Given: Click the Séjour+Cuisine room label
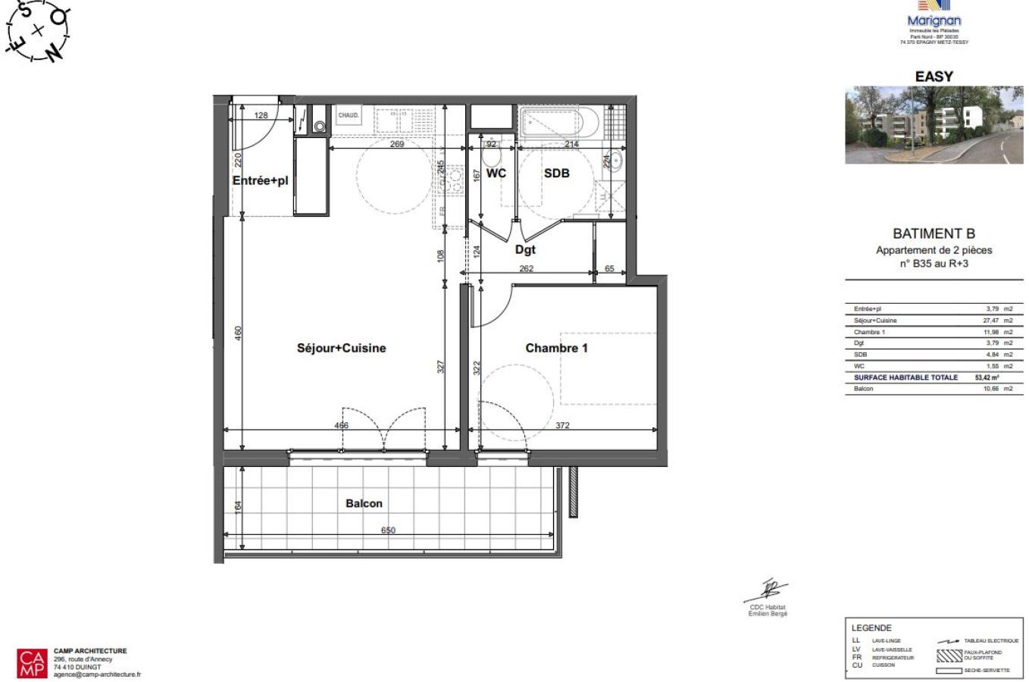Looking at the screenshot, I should (x=341, y=349).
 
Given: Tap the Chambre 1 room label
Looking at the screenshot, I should (x=556, y=349).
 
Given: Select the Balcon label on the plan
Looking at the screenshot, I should (x=364, y=504).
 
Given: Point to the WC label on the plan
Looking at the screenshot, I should (x=496, y=174).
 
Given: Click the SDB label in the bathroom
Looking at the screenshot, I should (x=556, y=174).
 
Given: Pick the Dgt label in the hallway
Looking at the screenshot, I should (x=525, y=249).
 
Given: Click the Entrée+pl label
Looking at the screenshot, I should (x=260, y=181).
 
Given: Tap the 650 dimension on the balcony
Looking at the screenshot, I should (x=388, y=530).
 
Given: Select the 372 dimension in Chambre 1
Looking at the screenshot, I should (x=562, y=425).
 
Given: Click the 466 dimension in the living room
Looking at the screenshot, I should (x=341, y=425).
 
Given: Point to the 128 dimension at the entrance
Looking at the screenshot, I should (x=261, y=115).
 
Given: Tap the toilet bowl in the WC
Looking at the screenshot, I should (x=490, y=156).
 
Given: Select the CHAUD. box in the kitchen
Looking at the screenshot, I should (x=348, y=115).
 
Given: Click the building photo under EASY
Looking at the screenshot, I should (x=934, y=125).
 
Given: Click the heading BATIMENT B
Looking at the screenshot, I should (x=934, y=234).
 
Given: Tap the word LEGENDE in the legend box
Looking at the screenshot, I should (x=871, y=628).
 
